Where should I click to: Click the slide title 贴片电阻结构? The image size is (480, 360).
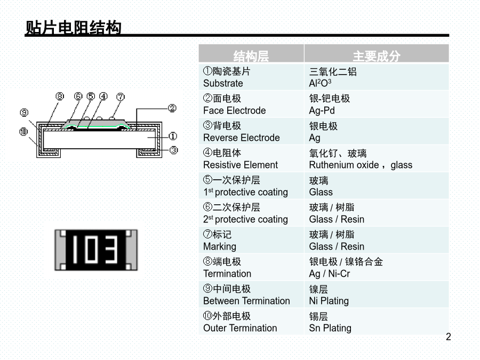tap(73, 28)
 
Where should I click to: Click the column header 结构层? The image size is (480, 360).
tap(251, 56)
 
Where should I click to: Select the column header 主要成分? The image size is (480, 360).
tap(377, 56)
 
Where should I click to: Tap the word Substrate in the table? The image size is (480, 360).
tap(223, 83)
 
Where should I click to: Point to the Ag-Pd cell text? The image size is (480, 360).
tap(322, 110)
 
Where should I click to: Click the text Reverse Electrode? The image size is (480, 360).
tap(241, 138)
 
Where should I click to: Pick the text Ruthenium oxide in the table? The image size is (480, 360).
tap(344, 165)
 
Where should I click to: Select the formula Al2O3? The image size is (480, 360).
tap(320, 83)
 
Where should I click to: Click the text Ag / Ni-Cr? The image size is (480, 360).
tap(330, 274)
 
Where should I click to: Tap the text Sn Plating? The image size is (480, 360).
tap(330, 328)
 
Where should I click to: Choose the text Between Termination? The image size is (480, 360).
tap(246, 301)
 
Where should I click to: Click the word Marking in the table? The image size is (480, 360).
tap(220, 247)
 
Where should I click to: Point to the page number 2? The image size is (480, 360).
tap(448, 337)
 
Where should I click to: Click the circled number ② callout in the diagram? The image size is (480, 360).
tap(172, 108)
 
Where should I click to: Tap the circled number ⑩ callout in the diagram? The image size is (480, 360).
tap(23, 132)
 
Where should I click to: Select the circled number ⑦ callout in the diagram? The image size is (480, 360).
tap(121, 97)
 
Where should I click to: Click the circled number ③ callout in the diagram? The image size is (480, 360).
tap(173, 150)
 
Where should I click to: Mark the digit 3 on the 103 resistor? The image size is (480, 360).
tap(111, 250)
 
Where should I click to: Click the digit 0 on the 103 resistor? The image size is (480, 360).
tap(91, 250)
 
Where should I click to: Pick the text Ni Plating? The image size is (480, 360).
tap(329, 301)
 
